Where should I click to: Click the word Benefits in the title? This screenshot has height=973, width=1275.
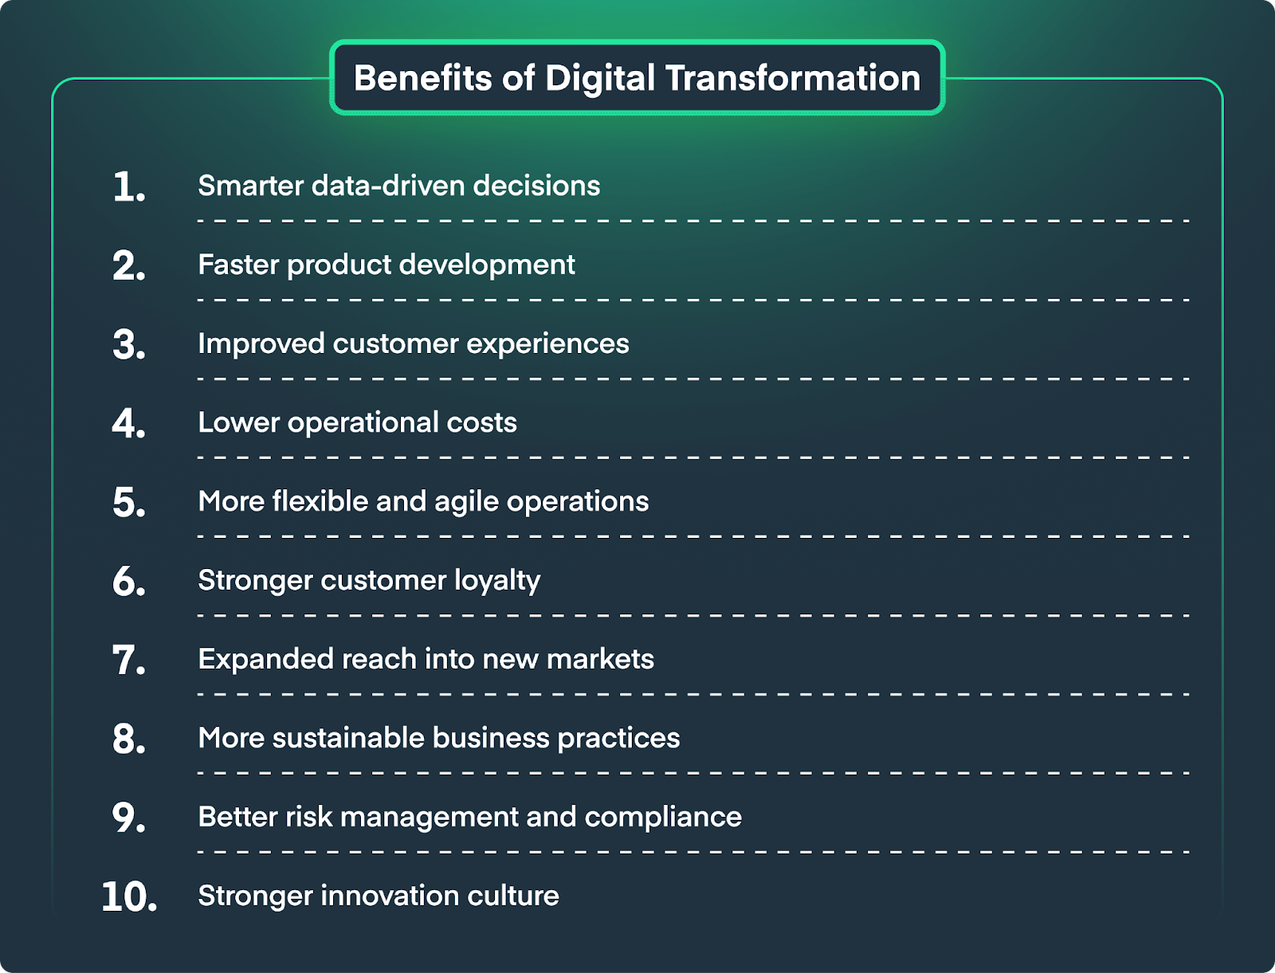pyautogui.click(x=423, y=78)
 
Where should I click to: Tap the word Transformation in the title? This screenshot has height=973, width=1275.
pyautogui.click(x=793, y=78)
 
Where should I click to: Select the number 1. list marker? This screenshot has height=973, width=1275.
pyautogui.click(x=129, y=187)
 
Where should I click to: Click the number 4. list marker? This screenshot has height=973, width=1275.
pyautogui.click(x=128, y=423)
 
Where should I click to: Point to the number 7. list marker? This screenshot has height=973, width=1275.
pyautogui.click(x=128, y=661)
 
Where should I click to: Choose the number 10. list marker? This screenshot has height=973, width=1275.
pyautogui.click(x=129, y=897)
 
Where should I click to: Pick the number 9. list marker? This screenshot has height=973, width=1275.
pyautogui.click(x=128, y=818)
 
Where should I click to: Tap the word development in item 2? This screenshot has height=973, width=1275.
pyautogui.click(x=488, y=265)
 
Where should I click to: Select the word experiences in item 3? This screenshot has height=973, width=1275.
pyautogui.click(x=547, y=344)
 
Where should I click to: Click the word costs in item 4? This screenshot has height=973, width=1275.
pyautogui.click(x=481, y=423)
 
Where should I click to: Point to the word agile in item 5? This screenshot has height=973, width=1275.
pyautogui.click(x=466, y=502)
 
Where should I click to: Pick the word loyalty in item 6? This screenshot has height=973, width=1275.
pyautogui.click(x=497, y=581)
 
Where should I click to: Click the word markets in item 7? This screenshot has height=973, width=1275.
pyautogui.click(x=601, y=659)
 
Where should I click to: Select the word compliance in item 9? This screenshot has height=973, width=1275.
pyautogui.click(x=663, y=818)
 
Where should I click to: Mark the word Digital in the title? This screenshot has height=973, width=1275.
pyautogui.click(x=601, y=79)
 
